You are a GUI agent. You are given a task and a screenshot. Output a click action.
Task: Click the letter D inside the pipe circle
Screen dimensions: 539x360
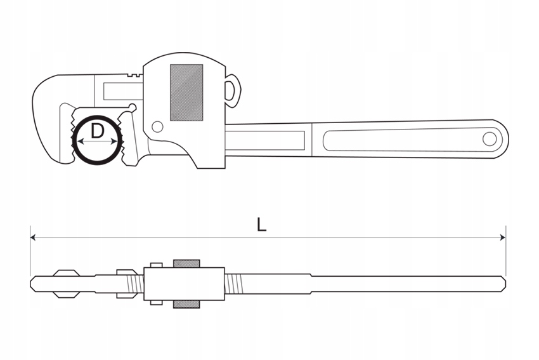point(97,131)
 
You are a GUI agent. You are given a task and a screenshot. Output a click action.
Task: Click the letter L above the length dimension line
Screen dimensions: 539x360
point(261,223)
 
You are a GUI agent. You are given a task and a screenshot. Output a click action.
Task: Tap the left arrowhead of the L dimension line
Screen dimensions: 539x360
point(34,237)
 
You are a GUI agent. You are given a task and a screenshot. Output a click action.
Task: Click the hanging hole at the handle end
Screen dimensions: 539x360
point(490,138)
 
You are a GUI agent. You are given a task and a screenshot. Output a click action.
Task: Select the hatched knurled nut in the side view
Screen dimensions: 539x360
point(186,93)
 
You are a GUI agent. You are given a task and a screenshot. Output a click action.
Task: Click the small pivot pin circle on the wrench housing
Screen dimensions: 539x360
point(157,126)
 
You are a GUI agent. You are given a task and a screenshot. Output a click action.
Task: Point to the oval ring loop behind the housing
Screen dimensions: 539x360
point(233,91)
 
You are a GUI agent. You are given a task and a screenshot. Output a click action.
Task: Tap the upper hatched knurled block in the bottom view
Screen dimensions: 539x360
point(186,263)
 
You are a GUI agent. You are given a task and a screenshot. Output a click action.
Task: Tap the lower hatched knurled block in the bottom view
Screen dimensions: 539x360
point(186,303)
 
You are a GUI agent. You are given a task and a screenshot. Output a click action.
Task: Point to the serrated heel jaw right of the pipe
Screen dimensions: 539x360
point(129,137)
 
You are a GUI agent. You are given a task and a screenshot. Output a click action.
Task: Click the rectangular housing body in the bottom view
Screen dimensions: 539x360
point(184,283)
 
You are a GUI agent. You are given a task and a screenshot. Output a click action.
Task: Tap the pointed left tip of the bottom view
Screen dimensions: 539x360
point(32,283)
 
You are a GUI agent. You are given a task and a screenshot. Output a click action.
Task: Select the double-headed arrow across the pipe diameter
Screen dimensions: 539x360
point(97,142)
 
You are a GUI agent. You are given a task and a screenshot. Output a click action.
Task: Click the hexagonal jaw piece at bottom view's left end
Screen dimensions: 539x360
point(66,283)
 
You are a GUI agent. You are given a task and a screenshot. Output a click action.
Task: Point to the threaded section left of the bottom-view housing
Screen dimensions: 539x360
point(132,283)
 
